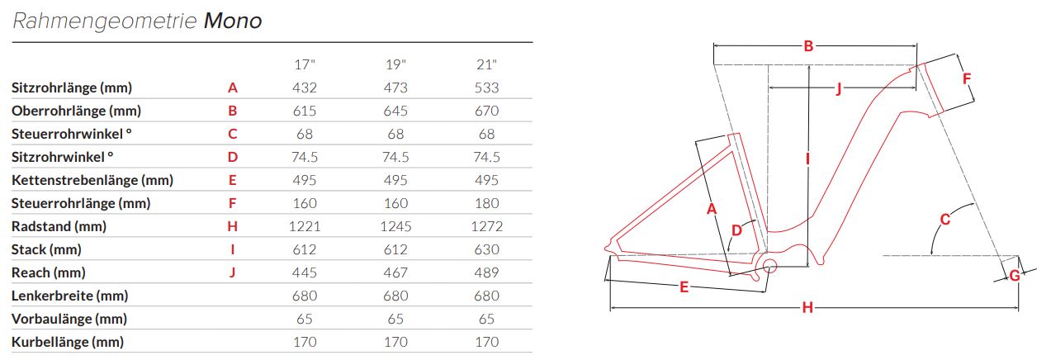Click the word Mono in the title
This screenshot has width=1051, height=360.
232,21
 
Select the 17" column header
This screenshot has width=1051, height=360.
305,64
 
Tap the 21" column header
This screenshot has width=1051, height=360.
486,64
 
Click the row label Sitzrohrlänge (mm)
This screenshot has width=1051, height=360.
72,88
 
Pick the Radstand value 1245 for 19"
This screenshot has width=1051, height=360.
395,226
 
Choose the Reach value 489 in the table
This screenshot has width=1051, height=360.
486,272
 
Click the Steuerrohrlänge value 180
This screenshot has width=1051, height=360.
486,203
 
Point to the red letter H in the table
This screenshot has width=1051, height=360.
232,226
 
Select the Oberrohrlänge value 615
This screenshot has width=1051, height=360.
305,111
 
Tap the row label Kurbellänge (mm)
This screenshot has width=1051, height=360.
68,342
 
